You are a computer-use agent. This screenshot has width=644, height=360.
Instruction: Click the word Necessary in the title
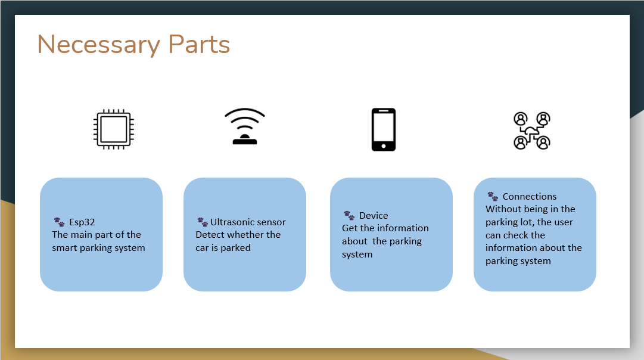tap(98, 44)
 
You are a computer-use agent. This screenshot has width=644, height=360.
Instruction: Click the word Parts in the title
tap(199, 44)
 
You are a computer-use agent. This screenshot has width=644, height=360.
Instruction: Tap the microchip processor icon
tap(114, 129)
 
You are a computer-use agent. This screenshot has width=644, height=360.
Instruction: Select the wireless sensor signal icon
tap(245, 126)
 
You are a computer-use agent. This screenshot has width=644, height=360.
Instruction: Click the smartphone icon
tap(384, 129)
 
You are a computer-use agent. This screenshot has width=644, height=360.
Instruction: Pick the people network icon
tap(532, 131)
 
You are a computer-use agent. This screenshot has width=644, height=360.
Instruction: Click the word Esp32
tap(82, 222)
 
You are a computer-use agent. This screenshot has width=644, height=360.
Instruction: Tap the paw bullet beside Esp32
tap(59, 222)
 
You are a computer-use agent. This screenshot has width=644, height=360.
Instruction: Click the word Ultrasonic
tap(231, 222)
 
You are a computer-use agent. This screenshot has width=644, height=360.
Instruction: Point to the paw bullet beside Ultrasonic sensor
tap(203, 222)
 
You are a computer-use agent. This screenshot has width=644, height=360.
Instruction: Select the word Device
tap(374, 215)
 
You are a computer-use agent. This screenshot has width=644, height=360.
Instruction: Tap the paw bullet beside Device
tap(349, 215)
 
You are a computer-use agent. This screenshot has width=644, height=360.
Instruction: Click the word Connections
tap(530, 197)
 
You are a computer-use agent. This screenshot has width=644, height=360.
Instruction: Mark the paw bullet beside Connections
tap(493, 197)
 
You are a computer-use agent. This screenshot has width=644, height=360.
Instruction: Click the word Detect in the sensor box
tap(209, 235)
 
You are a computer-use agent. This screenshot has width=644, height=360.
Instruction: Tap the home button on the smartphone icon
tap(384, 146)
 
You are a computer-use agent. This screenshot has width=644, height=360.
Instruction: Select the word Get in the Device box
tap(350, 228)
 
